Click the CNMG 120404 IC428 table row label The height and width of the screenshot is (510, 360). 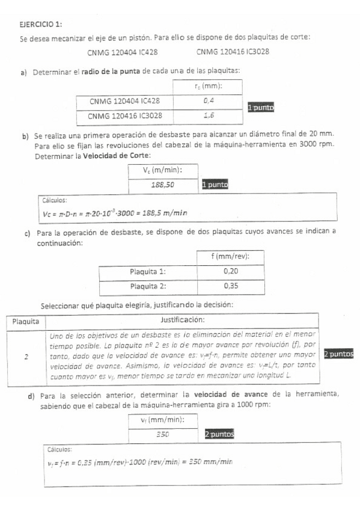(124, 101)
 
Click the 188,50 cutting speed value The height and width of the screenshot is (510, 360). (162, 185)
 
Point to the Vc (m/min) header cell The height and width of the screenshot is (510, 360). (162, 171)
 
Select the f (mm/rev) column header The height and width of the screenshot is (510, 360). (230, 257)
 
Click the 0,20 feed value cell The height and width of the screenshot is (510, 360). (230, 271)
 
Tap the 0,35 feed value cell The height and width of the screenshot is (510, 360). (230, 286)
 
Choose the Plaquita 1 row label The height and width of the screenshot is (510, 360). (148, 271)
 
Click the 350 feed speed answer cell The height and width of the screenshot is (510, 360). (162, 434)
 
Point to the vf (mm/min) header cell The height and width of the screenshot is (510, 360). (162, 420)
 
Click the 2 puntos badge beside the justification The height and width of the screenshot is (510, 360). (338, 354)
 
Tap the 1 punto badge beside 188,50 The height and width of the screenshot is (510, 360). (215, 185)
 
